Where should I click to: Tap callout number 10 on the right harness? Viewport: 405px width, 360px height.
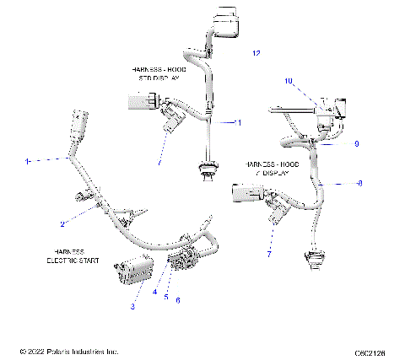click(288, 82)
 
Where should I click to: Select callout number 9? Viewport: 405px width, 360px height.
click(357, 144)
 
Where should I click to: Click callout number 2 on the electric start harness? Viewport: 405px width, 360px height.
click(62, 224)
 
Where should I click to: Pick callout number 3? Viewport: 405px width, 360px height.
click(132, 307)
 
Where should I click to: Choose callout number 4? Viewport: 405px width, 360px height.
click(155, 293)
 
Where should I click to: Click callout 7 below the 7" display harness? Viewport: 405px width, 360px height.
click(269, 253)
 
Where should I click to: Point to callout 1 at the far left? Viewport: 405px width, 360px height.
click(27, 160)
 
